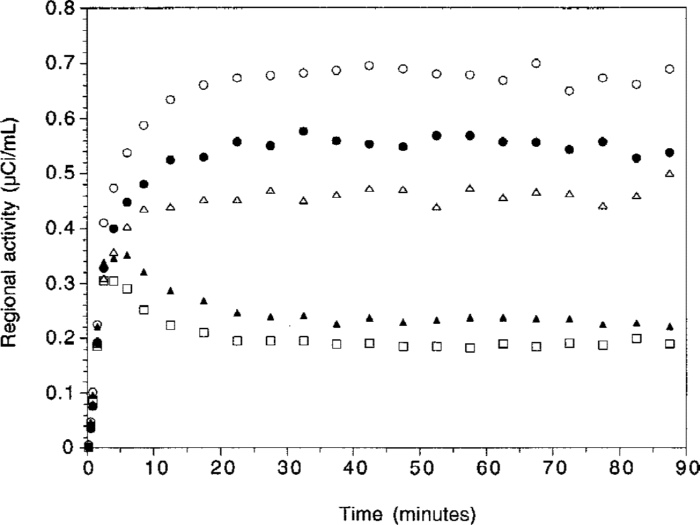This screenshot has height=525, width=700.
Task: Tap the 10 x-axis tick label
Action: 154,466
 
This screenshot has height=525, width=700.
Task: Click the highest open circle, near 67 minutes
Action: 536,64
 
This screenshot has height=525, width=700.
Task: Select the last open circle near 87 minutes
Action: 669,69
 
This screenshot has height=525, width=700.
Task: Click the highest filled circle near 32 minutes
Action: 303,131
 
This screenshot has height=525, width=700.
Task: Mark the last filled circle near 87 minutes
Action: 669,153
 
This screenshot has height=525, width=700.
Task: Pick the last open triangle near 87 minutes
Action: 669,174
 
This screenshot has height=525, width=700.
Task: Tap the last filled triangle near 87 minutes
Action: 669,327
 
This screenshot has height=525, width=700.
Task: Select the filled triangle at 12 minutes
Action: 170,291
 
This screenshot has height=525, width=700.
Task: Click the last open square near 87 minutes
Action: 669,344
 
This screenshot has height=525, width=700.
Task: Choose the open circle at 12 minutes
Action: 170,100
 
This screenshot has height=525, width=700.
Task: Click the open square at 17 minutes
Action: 204,333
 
